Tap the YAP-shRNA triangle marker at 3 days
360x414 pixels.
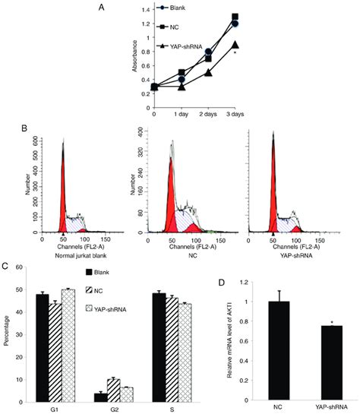(x=235, y=45)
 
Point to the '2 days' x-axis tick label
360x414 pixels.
(x=210, y=114)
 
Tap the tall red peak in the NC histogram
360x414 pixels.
(x=173, y=201)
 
